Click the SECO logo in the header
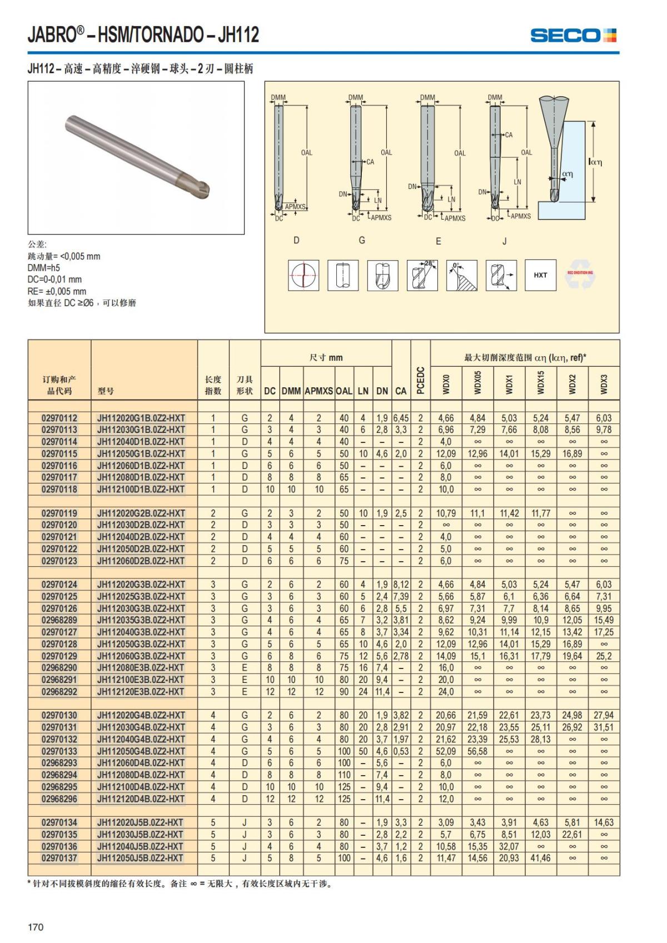tap(573, 36)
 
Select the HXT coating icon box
tap(540, 275)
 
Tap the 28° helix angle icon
tap(422, 275)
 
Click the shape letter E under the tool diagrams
tap(439, 241)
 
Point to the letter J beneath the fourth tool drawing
tap(505, 241)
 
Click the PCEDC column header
tap(420, 381)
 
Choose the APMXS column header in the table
tap(318, 391)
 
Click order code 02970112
tap(59, 418)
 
